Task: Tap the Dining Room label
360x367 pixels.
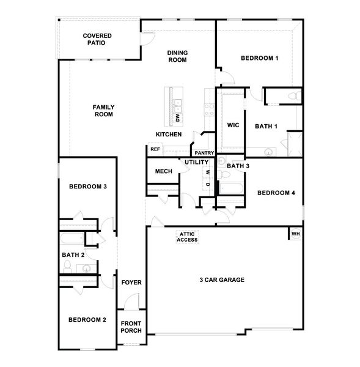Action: (177, 56)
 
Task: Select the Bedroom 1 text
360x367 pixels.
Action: (259, 58)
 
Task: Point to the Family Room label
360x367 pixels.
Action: (103, 111)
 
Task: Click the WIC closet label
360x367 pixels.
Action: (232, 126)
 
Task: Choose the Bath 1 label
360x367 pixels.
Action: (266, 126)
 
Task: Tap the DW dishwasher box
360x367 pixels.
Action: (177, 117)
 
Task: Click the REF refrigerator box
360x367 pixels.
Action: (155, 149)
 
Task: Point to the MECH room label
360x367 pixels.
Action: (163, 171)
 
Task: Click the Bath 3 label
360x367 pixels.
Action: (238, 166)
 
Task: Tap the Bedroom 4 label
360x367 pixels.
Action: (276, 193)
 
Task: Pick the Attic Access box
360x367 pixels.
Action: (187, 237)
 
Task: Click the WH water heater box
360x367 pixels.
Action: (295, 234)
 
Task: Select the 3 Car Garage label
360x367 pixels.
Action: (222, 280)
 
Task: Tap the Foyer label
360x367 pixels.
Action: (131, 283)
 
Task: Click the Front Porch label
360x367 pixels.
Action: (131, 327)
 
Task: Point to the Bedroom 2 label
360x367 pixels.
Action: (87, 319)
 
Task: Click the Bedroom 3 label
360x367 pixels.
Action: (88, 187)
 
